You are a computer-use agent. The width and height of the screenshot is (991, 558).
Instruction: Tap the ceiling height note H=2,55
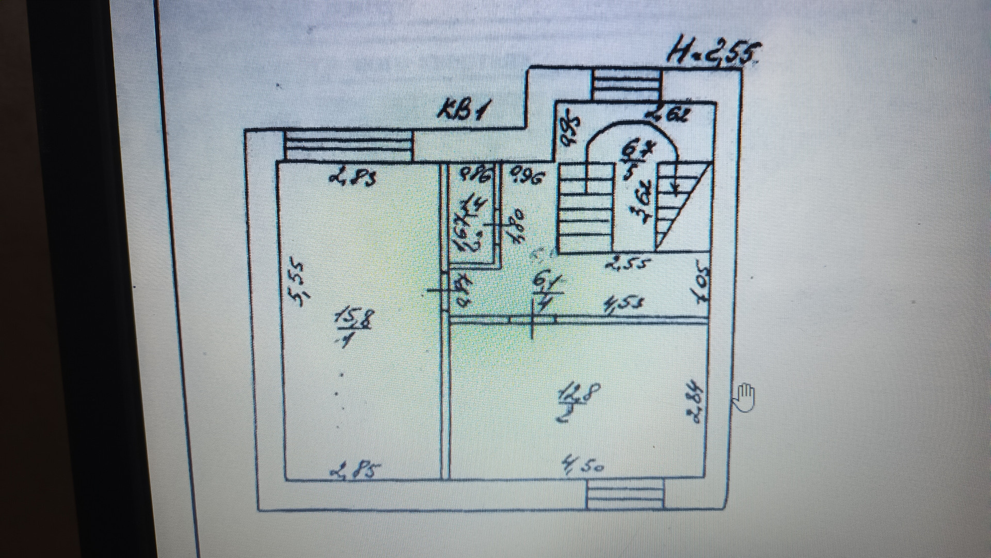[x=713, y=54]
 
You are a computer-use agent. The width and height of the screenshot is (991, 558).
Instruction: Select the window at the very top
[x=626, y=85]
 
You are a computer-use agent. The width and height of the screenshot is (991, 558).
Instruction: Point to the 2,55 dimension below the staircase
[x=627, y=265]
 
